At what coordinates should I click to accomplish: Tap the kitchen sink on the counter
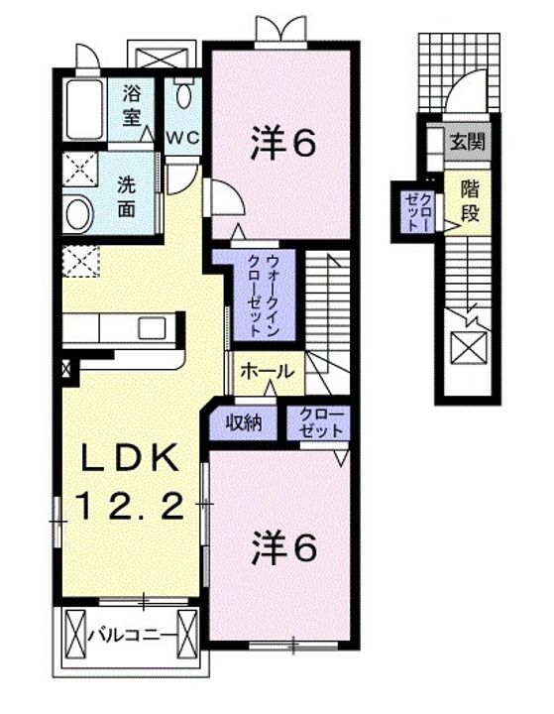point(153,328)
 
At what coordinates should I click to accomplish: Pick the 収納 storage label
point(242,423)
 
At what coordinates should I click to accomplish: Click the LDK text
point(129,460)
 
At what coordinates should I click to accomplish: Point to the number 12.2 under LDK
point(129,508)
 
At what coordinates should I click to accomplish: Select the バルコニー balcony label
point(133,633)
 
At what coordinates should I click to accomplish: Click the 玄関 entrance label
point(467,142)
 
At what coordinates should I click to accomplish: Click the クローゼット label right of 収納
point(318,423)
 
